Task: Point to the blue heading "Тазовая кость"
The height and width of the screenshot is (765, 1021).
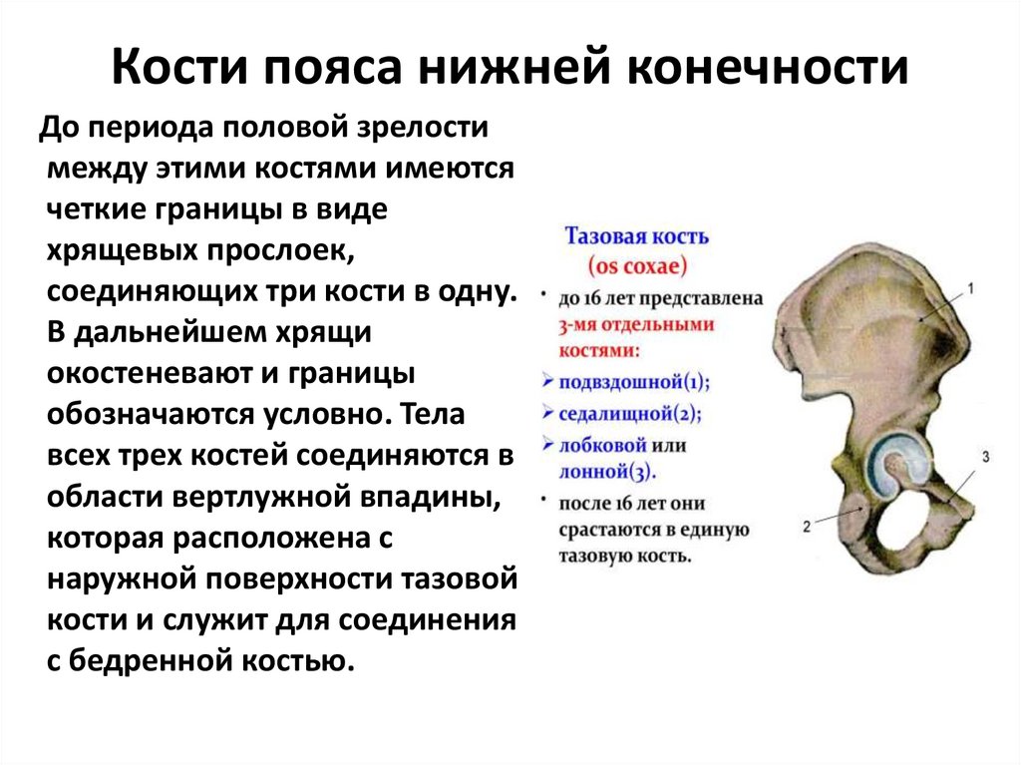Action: click(637, 237)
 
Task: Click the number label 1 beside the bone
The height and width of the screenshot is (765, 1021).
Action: click(970, 289)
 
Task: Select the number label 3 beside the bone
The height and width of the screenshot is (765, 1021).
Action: click(985, 458)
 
